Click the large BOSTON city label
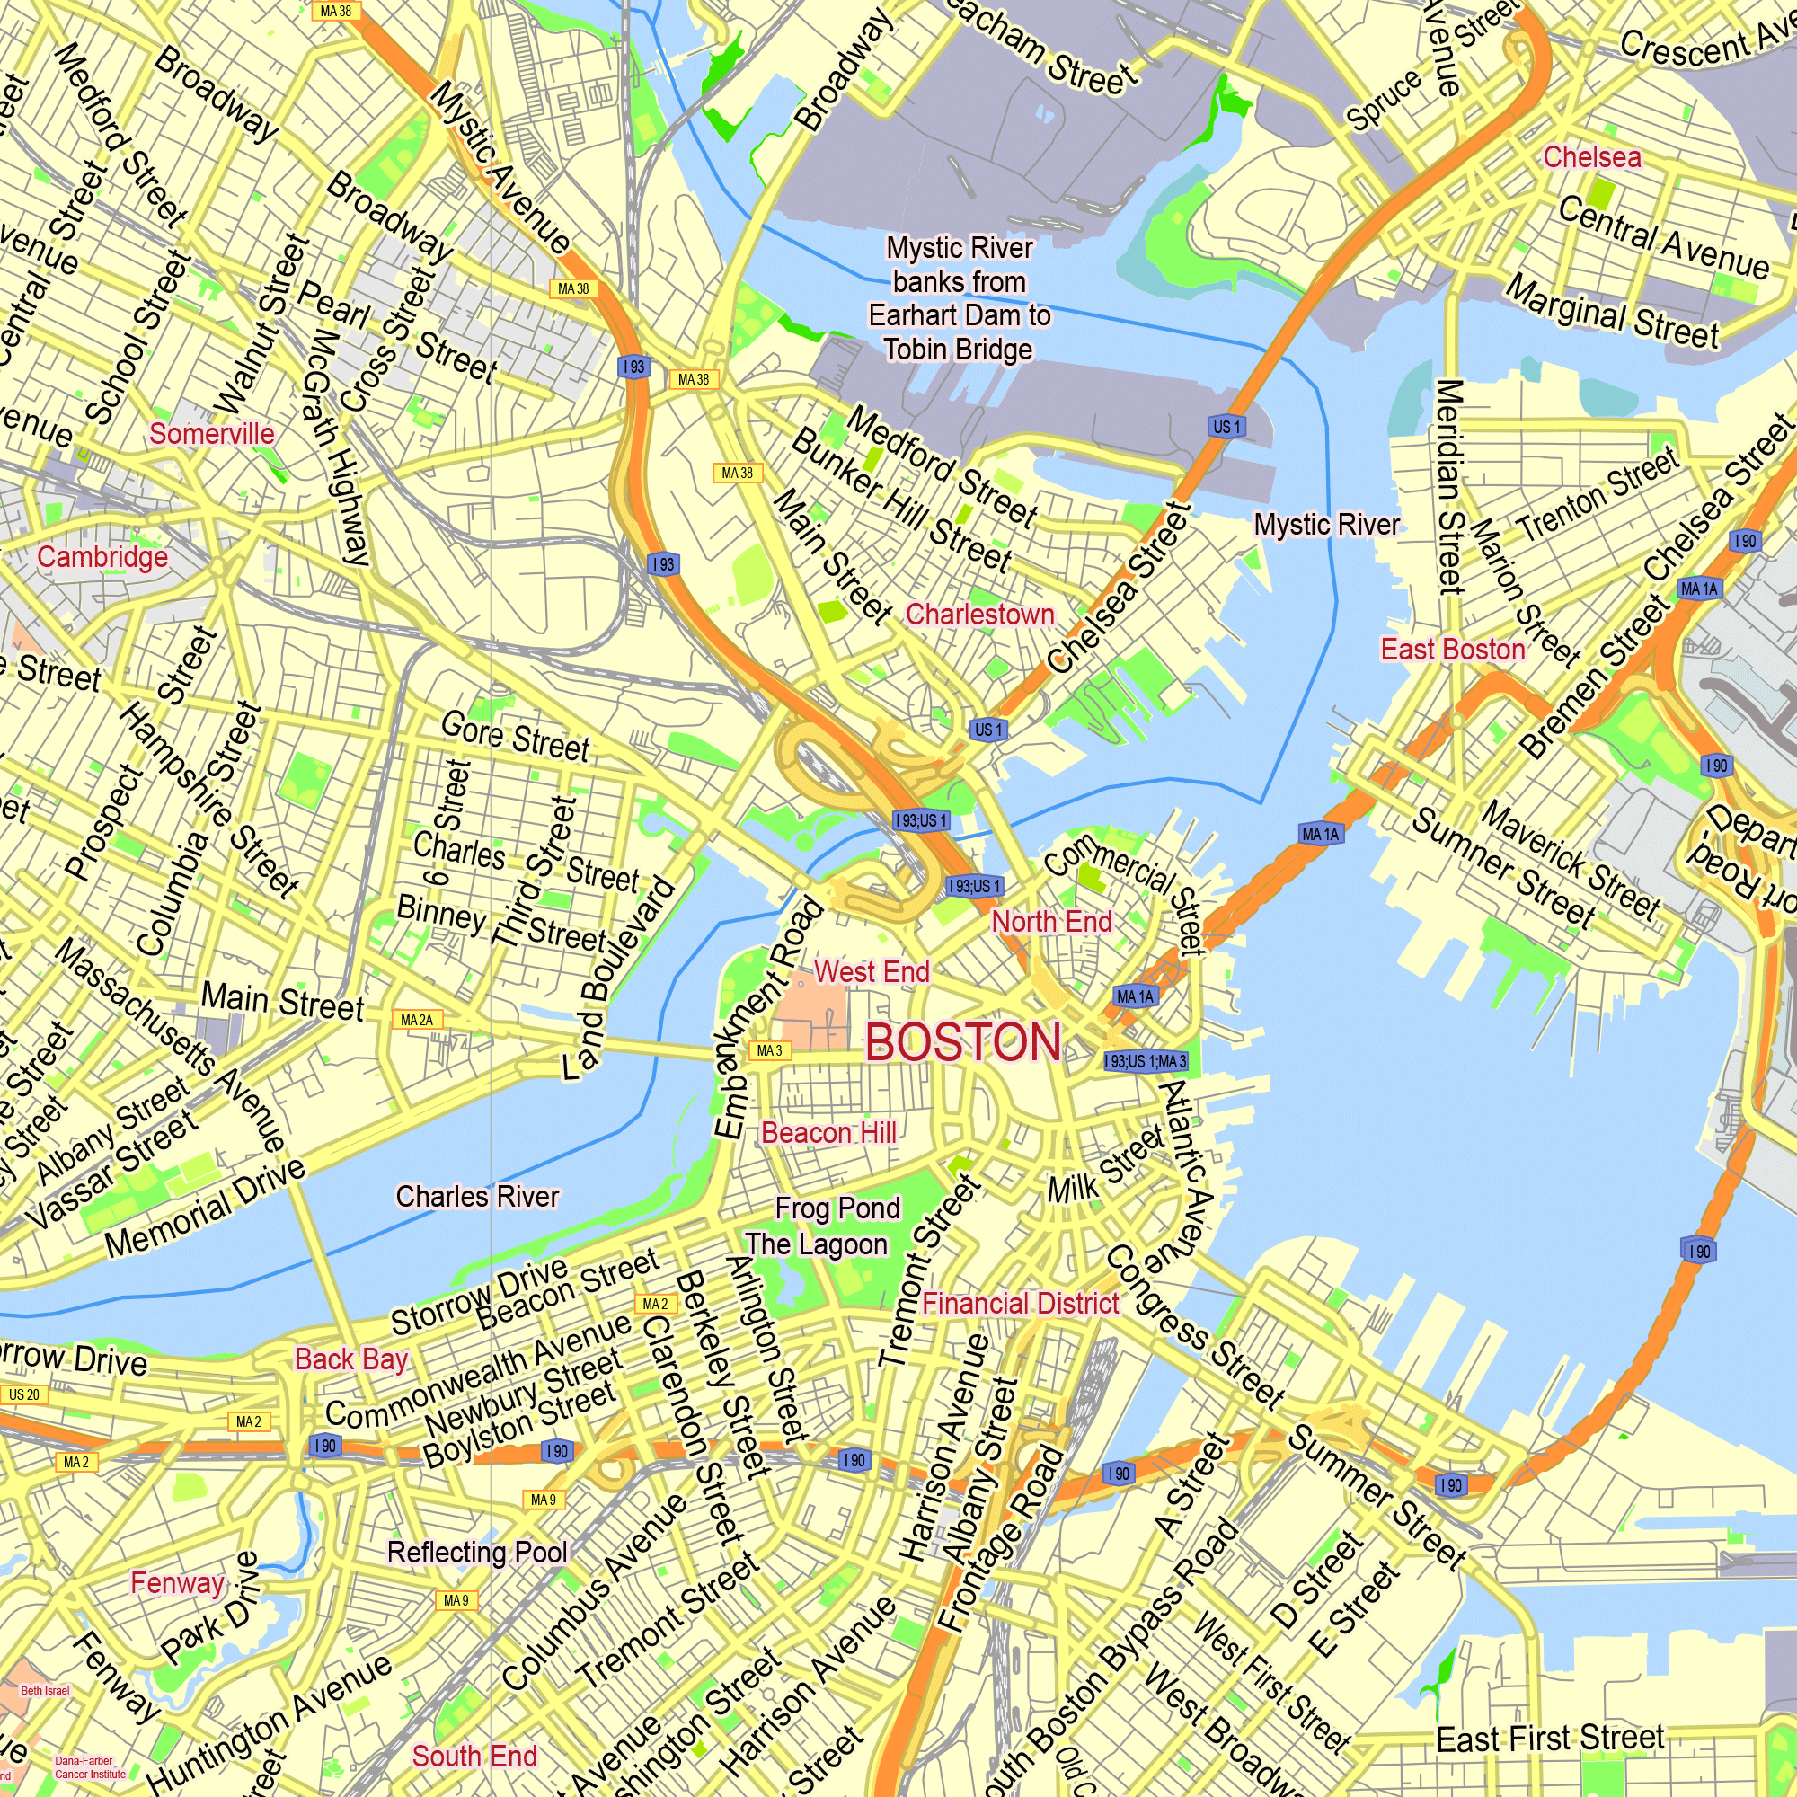pos(963,1041)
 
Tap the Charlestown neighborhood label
pos(980,615)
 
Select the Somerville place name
pos(212,433)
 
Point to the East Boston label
pos(1453,650)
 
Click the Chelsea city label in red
pos(1591,157)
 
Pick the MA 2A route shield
pos(417,1021)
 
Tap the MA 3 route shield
pos(769,1051)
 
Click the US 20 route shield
pos(24,1395)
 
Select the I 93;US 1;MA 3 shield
pos(1145,1061)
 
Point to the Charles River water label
pos(477,1196)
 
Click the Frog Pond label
pos(837,1208)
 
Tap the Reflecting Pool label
pos(477,1553)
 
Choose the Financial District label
pos(1021,1304)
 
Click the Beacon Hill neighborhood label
pos(828,1133)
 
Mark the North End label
pos(1052,922)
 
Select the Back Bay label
pos(351,1359)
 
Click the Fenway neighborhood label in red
pos(177,1583)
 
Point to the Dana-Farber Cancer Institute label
pos(89,1767)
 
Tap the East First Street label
pos(1550,1739)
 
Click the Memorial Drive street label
pos(205,1208)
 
